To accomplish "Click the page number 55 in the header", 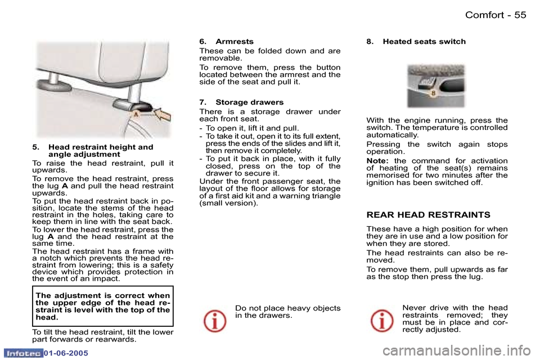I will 520,15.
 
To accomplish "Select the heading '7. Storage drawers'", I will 241,102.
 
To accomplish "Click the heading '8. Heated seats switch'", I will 416,42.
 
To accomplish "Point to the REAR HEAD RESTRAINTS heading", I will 428,215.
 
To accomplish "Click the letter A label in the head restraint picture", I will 136,115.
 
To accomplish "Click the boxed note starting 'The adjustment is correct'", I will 102,306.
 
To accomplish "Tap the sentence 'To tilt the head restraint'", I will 102,335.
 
